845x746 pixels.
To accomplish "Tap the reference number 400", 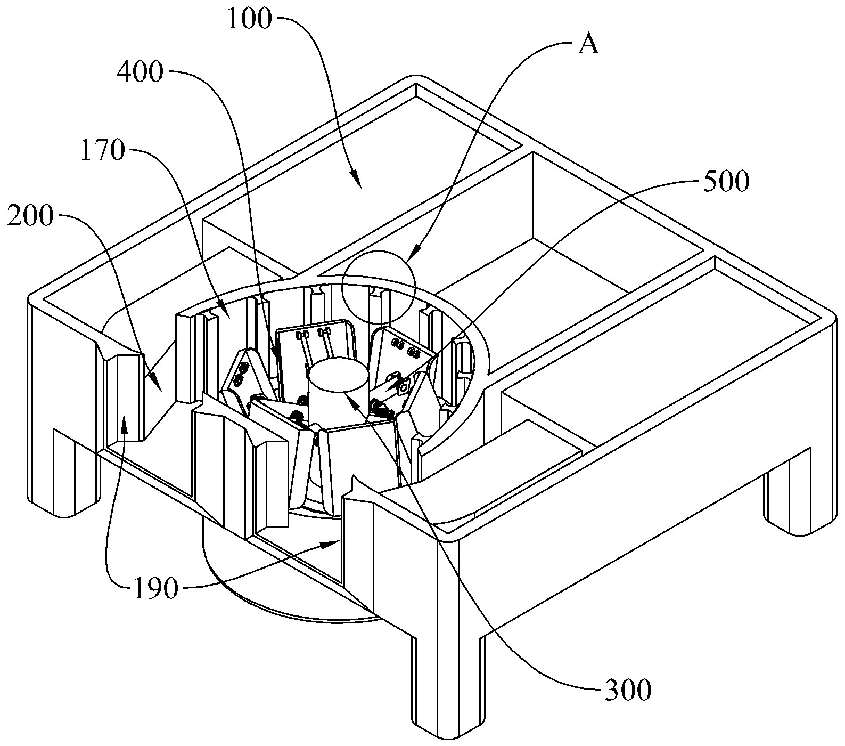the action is coord(140,72).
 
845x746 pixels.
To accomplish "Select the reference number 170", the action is coord(102,152).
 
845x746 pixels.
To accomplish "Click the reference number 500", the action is coord(726,182).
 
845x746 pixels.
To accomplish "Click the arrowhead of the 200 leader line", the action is coord(154,383).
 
